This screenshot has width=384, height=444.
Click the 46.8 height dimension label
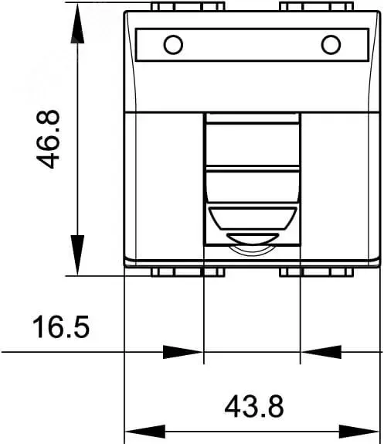pos(48,139)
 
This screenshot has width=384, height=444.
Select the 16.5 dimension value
pos(61,327)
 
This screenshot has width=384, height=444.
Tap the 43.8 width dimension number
pos(254,406)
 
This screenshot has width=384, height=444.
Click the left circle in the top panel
pos(173,45)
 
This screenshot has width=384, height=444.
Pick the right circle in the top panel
pos(331,45)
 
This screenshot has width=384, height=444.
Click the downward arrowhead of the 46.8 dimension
pos(77,254)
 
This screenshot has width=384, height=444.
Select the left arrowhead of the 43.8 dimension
pos(144,432)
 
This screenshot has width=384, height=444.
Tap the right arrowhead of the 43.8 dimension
pos(359,432)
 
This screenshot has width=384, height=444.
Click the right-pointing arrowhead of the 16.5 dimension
pos(183,352)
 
